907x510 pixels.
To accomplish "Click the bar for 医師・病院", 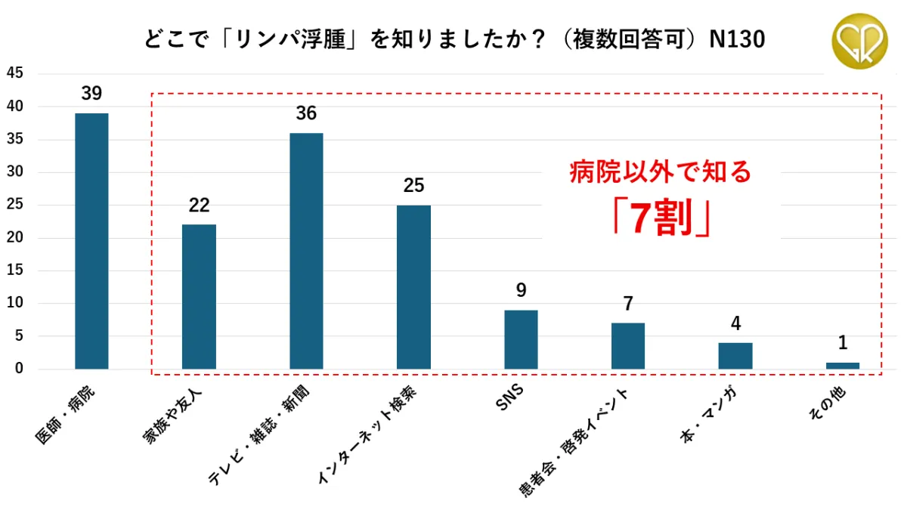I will tap(91, 241).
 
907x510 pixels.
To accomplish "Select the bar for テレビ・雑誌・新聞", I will tap(306, 251).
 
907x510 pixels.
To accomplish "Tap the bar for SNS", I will tap(521, 339).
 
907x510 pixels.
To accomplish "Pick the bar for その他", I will tap(843, 366).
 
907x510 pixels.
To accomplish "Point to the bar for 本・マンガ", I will tap(735, 356).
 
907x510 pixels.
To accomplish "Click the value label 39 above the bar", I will tap(91, 94).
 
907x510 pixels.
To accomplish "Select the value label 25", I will tap(413, 185).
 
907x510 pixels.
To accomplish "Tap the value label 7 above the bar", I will tap(628, 304).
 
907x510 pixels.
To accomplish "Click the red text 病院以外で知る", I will tap(661, 173).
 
